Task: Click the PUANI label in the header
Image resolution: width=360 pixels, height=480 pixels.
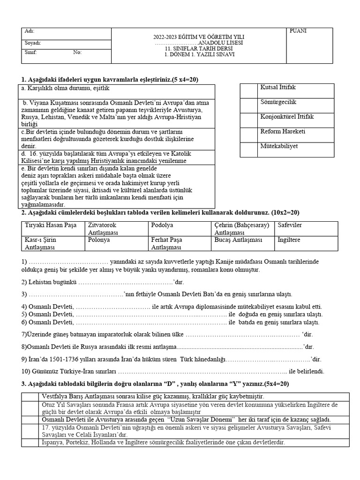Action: (298, 31)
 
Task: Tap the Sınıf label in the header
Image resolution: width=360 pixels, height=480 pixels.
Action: (30, 52)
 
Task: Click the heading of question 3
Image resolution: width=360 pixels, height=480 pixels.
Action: (155, 384)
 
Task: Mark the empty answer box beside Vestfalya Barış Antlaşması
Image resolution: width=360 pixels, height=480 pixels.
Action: (30, 397)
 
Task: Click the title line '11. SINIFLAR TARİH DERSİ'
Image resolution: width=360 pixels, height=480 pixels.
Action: (199, 48)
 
